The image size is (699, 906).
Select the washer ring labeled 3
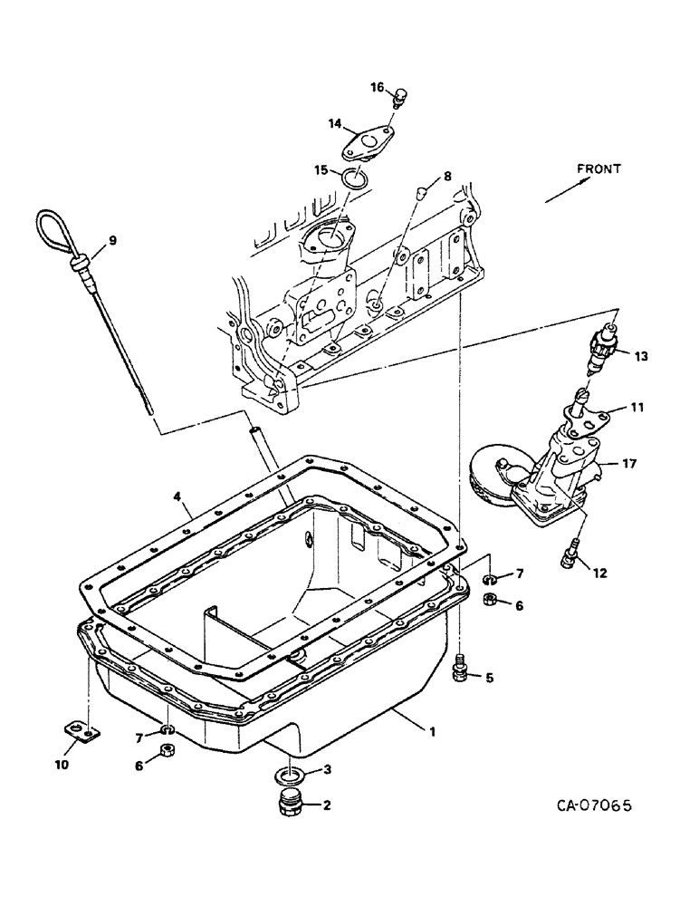point(289,775)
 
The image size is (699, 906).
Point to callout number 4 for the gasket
point(178,496)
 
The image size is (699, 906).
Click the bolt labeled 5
point(459,670)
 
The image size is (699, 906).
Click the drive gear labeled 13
point(601,351)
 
